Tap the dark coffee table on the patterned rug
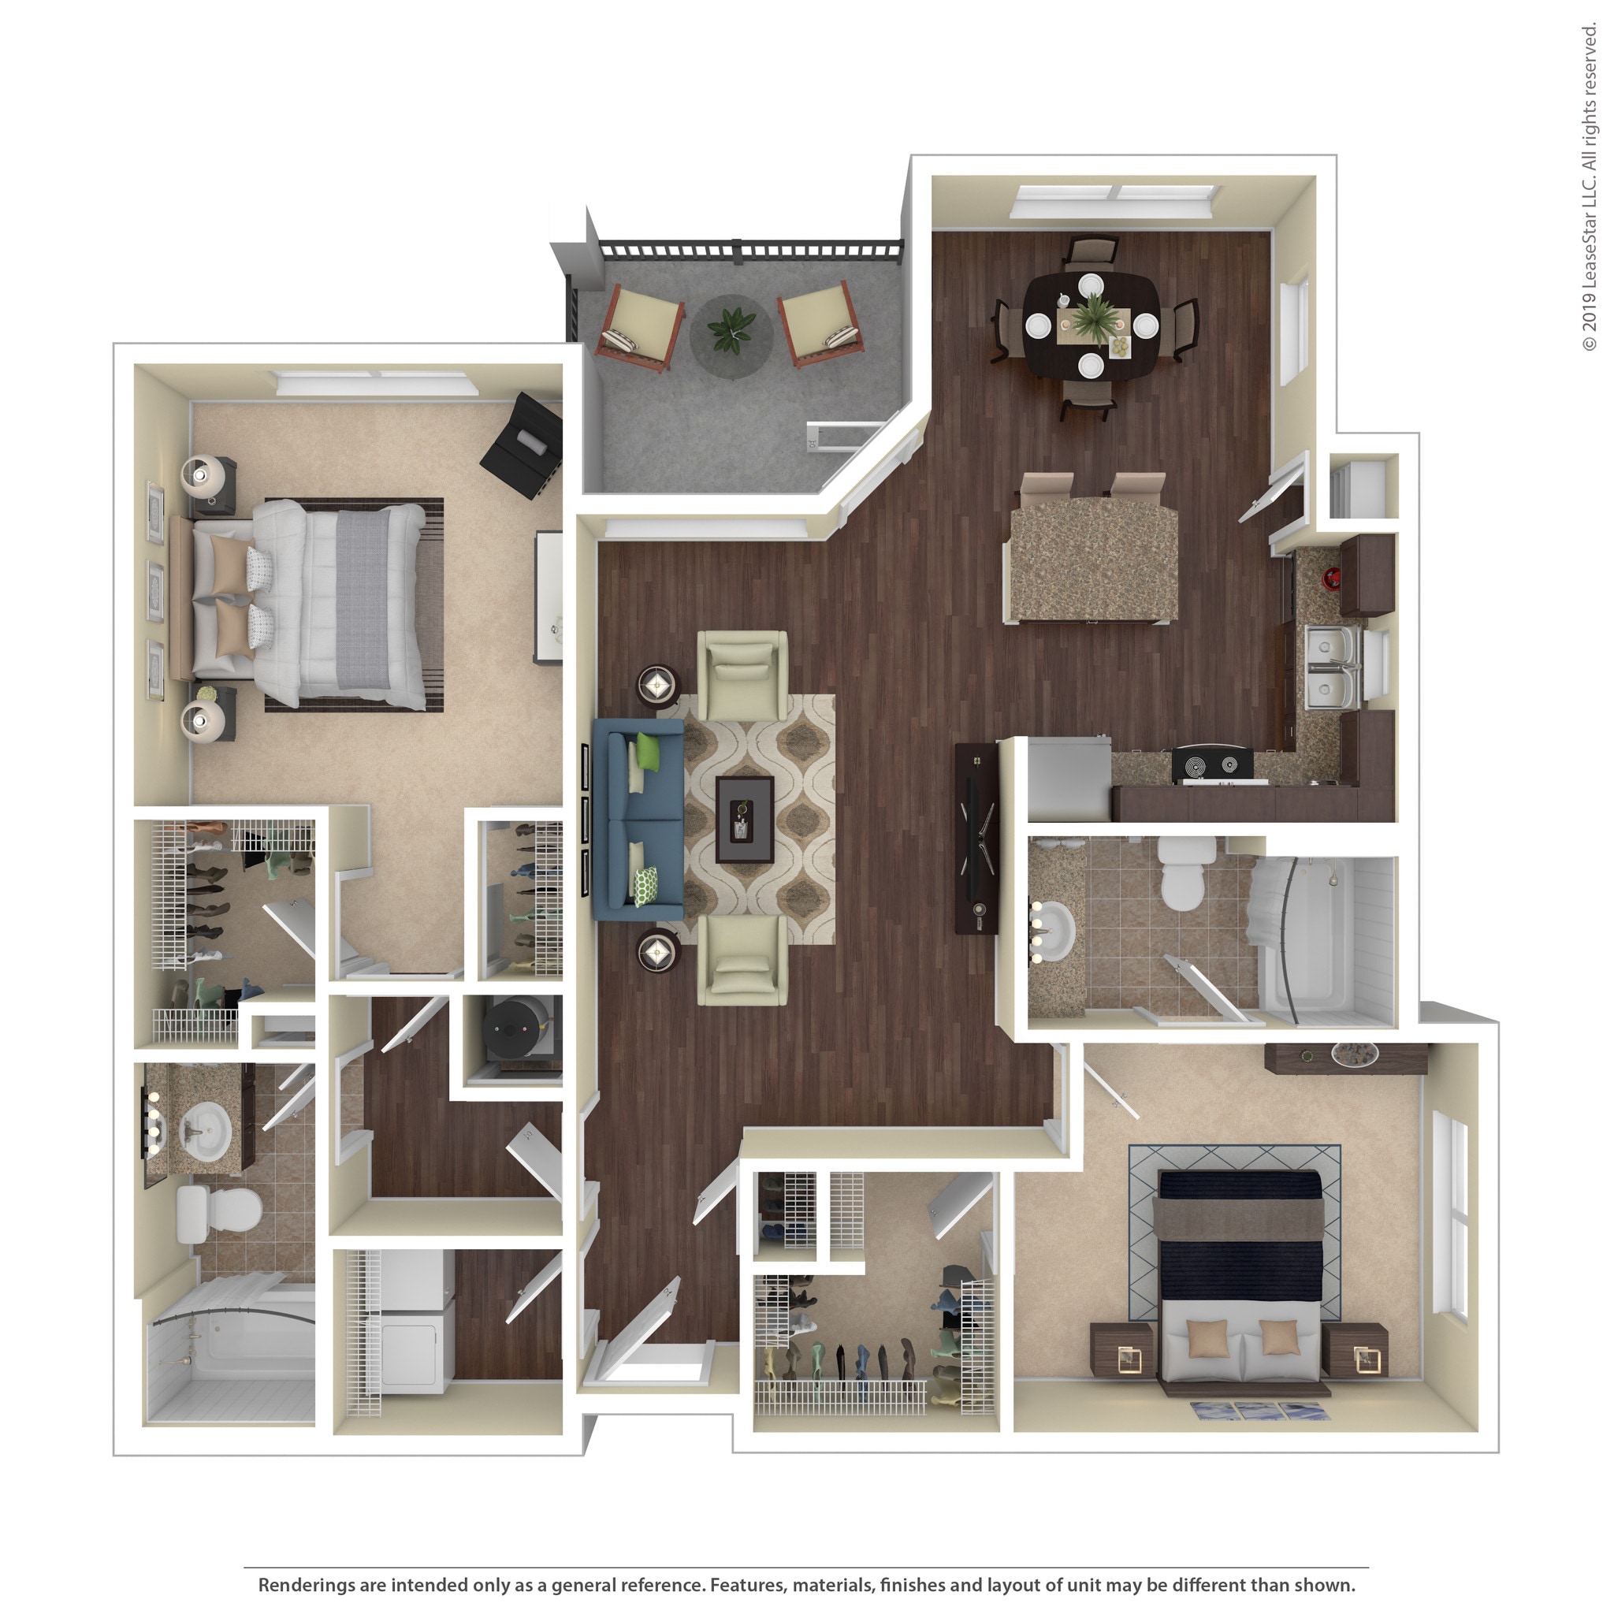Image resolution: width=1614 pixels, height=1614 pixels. tap(744, 820)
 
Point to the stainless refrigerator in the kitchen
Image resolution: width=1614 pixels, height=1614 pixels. tap(1069, 779)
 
